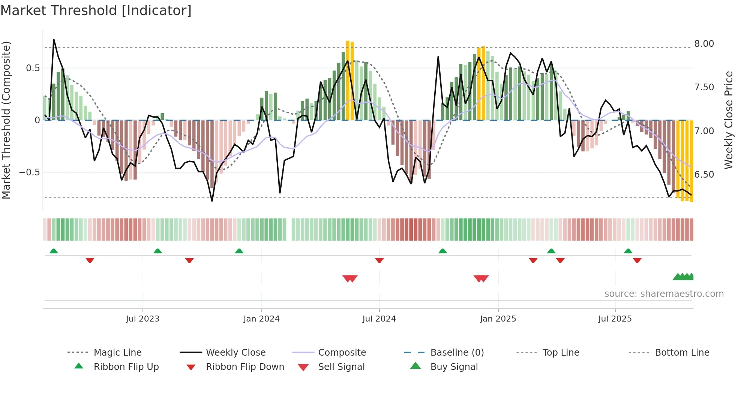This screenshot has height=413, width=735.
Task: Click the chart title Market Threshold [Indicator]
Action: point(96,10)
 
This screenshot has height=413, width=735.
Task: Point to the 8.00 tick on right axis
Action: point(704,44)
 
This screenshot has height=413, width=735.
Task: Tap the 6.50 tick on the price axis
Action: point(704,175)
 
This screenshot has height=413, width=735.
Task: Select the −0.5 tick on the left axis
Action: point(29,172)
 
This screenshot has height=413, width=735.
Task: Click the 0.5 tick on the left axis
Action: point(33,68)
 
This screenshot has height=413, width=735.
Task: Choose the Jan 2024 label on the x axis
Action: point(261,319)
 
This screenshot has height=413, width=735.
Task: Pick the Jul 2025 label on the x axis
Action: point(615,319)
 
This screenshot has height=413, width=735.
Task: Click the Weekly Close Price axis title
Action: point(728,120)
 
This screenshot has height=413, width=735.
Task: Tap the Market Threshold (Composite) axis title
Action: point(6,120)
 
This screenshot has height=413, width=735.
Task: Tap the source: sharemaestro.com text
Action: point(664,294)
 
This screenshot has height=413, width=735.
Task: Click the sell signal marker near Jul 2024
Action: point(350,278)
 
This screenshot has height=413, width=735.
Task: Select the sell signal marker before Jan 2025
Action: point(481,278)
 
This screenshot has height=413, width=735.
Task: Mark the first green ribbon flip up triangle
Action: point(54,251)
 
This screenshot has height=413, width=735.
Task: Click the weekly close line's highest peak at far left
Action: point(54,39)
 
